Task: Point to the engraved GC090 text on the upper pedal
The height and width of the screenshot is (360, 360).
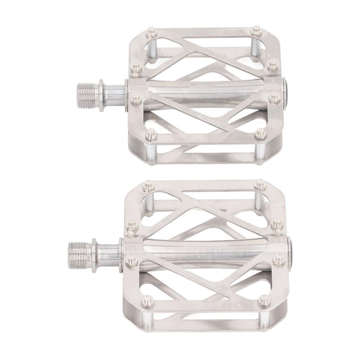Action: [229, 31]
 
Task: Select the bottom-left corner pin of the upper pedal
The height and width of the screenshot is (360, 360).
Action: [151, 134]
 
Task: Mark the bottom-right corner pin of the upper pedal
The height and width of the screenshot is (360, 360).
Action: [260, 134]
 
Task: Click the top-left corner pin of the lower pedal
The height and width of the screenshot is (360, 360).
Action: [148, 185]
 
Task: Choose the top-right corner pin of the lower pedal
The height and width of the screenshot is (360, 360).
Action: [261, 185]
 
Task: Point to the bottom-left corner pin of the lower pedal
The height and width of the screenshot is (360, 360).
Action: [146, 301]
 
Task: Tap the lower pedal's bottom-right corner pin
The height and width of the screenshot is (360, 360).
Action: [264, 301]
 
